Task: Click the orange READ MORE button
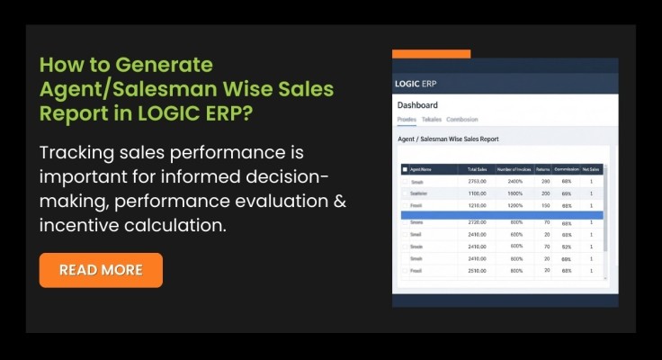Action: point(101,270)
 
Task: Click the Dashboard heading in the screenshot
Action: point(417,106)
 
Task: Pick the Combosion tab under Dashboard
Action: point(462,120)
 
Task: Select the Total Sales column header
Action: point(477,168)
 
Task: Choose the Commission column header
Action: point(566,168)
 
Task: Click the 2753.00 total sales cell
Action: point(477,181)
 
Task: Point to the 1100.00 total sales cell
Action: point(477,193)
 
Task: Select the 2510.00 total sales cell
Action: point(477,270)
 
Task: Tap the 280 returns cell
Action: point(545,181)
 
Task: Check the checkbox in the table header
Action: point(405,168)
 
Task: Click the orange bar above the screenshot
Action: point(431,54)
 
